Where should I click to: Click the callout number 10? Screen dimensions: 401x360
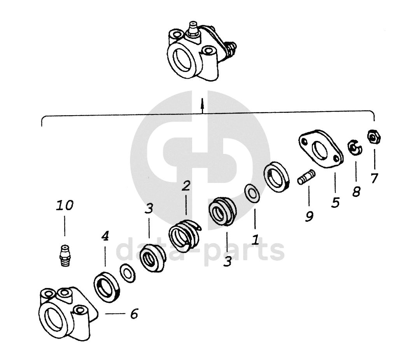[x=65, y=205]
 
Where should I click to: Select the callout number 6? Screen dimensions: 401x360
[x=134, y=313]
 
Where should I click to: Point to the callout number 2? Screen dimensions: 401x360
[x=186, y=186]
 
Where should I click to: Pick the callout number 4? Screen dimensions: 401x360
[x=105, y=236]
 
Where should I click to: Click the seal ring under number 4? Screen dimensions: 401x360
[x=107, y=287]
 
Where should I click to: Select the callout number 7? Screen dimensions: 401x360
[x=374, y=178]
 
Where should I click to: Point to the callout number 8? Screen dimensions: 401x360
[x=356, y=191]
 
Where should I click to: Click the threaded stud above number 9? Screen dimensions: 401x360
[x=306, y=177]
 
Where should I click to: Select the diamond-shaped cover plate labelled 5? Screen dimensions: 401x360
[x=321, y=149]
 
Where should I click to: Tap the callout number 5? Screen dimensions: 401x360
[x=335, y=202]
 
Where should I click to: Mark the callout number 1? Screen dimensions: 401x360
[x=255, y=239]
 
